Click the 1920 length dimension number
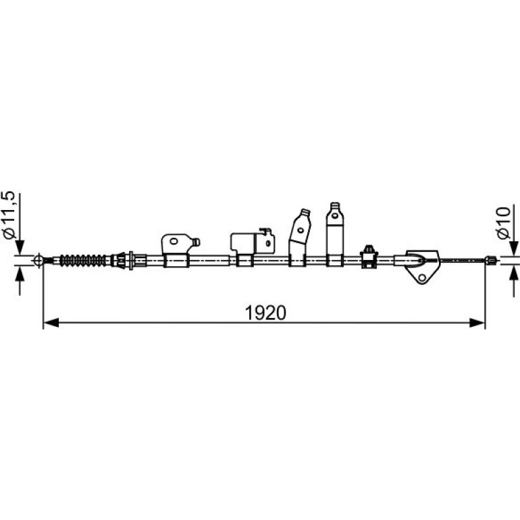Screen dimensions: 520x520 click(265, 313)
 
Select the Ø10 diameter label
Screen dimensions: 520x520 click(503, 223)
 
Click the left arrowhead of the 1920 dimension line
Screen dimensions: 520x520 click(51, 322)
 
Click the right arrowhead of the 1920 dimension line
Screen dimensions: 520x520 click(477, 322)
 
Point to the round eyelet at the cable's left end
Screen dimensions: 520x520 click(38, 260)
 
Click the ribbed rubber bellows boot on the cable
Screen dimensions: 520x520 click(84, 260)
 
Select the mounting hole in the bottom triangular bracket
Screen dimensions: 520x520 click(422, 278)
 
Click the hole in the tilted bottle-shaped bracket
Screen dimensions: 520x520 click(301, 230)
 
